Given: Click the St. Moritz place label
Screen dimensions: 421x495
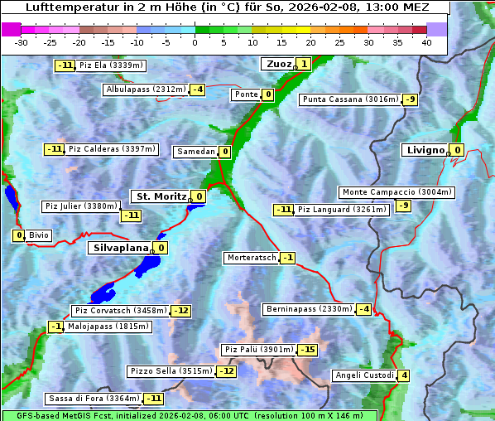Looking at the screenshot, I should [x=160, y=196].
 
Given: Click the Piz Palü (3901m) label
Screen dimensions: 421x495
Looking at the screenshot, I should [x=257, y=350].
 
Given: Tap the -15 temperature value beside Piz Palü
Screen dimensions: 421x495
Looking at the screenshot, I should [x=307, y=350].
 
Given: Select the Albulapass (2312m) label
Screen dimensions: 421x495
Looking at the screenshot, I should [x=146, y=90].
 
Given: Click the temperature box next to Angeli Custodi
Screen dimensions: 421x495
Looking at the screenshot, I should [x=403, y=375].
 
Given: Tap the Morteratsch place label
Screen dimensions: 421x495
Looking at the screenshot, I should [x=251, y=258].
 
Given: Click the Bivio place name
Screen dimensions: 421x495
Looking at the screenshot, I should [x=39, y=235].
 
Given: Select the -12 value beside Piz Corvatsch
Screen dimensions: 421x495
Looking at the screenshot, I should [x=180, y=311].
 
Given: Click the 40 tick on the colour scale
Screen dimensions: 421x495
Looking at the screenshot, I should [x=426, y=42].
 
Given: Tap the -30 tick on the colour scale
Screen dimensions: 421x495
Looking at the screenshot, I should [x=22, y=42].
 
